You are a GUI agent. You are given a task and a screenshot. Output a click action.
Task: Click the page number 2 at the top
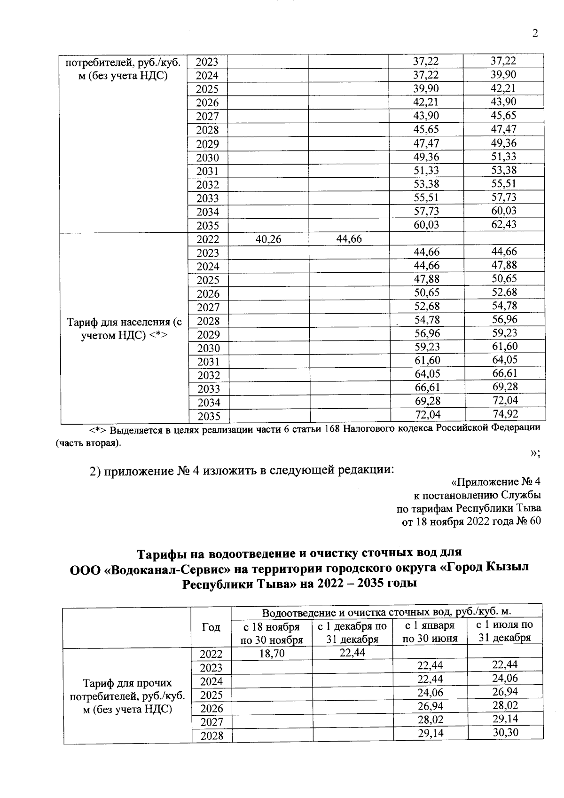click(535, 33)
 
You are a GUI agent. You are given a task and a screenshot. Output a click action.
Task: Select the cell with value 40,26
click(268, 239)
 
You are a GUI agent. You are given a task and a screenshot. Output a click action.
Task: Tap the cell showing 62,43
click(504, 224)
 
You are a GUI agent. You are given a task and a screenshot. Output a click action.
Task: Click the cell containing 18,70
click(272, 654)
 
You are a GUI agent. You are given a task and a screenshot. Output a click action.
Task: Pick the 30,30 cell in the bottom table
click(506, 732)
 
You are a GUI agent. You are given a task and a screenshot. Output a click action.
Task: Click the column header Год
click(211, 627)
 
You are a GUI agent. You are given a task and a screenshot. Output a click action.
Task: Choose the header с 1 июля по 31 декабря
click(505, 632)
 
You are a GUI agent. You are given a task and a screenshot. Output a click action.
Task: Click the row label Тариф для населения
click(124, 329)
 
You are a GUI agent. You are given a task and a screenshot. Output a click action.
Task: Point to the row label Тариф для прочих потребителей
click(127, 696)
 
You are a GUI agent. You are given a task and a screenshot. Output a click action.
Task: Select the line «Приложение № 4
click(495, 482)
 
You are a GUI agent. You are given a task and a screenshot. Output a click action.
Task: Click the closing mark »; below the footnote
click(535, 453)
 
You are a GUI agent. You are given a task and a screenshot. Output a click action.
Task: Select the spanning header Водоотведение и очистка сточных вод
click(386, 612)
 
